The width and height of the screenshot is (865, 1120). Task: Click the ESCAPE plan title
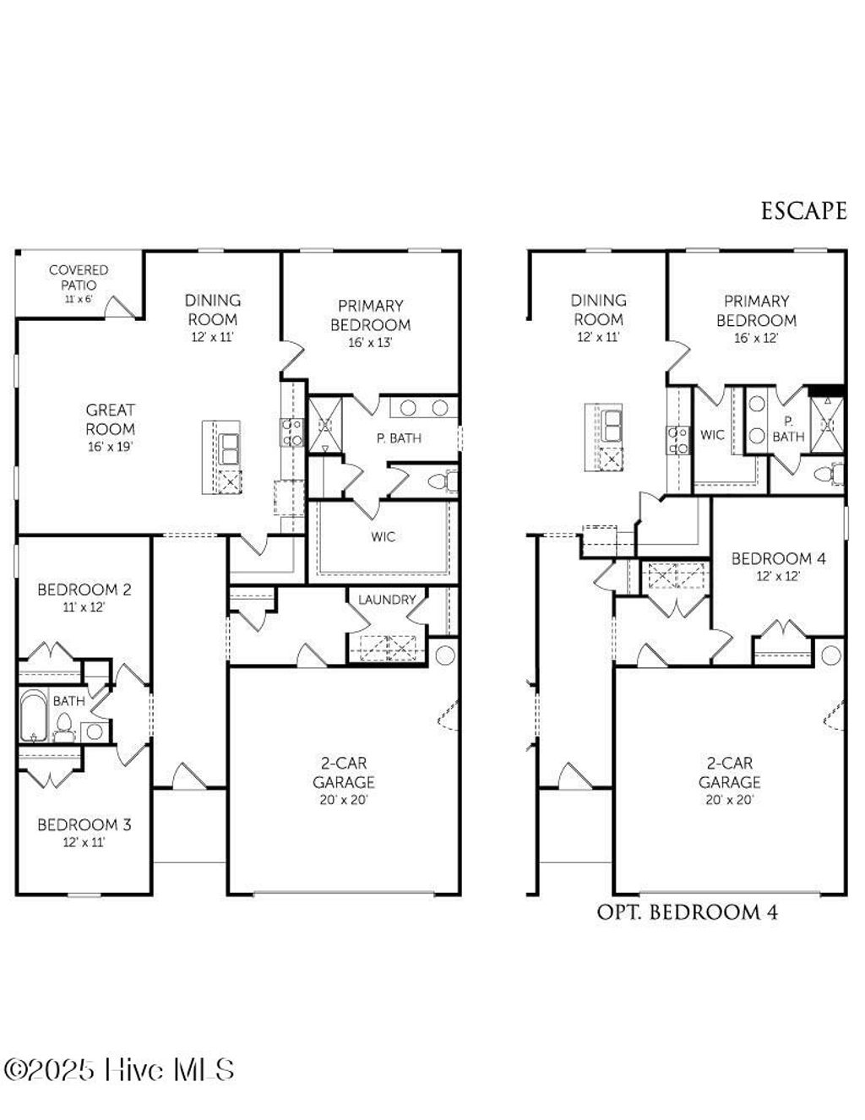[803, 210]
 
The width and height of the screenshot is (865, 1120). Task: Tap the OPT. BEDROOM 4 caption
[687, 912]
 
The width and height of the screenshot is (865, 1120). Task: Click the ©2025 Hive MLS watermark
[119, 1070]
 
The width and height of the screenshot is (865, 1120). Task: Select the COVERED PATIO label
[79, 276]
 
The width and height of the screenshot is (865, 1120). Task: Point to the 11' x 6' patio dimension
[79, 299]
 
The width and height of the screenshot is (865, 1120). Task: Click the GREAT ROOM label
[110, 419]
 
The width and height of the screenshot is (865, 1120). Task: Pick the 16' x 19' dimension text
[110, 447]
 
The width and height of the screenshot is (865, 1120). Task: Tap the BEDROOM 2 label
[84, 590]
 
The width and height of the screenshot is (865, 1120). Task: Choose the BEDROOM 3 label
[84, 824]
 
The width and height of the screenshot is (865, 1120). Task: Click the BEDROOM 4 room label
[778, 558]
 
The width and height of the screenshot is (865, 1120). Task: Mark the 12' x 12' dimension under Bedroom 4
[778, 577]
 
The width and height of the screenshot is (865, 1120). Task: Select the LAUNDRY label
[387, 600]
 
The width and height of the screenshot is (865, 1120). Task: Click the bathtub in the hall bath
[33, 715]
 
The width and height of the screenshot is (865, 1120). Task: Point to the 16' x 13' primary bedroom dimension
[370, 343]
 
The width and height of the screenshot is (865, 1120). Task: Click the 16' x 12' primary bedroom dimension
[756, 339]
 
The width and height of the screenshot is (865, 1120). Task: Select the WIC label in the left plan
[383, 536]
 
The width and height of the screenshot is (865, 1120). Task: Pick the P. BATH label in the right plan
[788, 429]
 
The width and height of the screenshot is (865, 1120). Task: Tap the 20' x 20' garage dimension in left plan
[343, 800]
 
